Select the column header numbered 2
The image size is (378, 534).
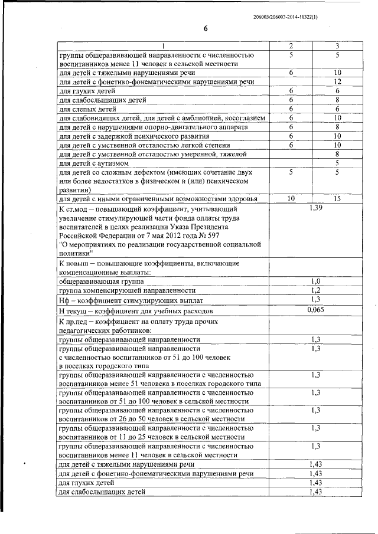(x=291, y=46)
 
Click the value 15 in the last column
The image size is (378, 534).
(x=337, y=199)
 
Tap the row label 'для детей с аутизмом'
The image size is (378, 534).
(x=94, y=163)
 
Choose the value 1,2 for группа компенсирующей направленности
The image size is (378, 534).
(x=316, y=291)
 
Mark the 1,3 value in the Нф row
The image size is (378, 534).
(x=316, y=300)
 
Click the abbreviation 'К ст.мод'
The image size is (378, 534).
(x=76, y=209)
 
